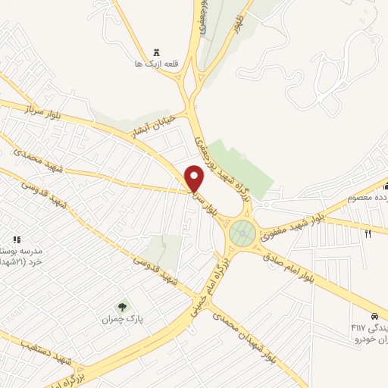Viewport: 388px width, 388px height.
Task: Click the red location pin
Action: click(x=196, y=178)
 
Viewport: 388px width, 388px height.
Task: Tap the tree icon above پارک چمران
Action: click(x=122, y=307)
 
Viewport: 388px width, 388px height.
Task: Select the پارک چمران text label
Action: click(x=122, y=319)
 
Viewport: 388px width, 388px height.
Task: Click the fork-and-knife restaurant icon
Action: click(x=368, y=233)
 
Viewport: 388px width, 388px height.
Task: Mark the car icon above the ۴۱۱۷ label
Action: click(x=374, y=315)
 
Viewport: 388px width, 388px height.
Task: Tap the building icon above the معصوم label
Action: click(x=385, y=186)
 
